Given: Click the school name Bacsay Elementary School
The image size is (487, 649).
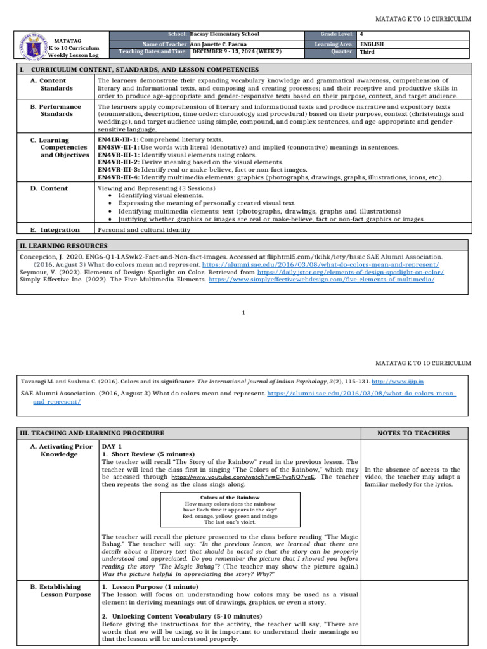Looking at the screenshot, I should tap(224, 34).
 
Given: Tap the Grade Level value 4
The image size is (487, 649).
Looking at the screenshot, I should tap(361, 34).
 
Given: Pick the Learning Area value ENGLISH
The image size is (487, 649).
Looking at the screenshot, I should tap(372, 44).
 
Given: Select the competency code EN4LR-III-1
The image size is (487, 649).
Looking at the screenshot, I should tap(119, 138).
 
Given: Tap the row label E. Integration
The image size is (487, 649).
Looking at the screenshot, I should tap(55, 230).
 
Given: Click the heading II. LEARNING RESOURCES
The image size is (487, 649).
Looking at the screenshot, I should tap(63, 245).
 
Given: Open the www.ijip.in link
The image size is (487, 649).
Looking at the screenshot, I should tap(406, 382).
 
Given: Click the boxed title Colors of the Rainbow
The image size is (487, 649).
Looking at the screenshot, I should tap(230, 498).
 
